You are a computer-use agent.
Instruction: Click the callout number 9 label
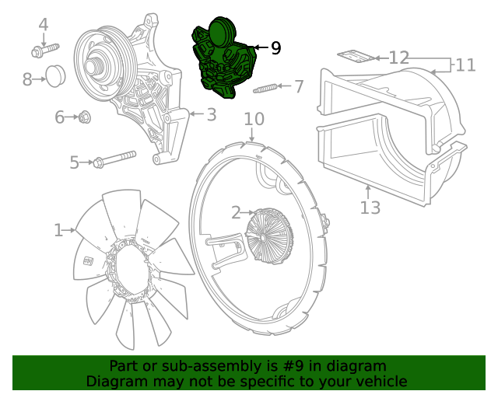(275, 48)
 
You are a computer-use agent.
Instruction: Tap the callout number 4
(44, 25)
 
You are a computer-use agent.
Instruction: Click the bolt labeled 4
(45, 51)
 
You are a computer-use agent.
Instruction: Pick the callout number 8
(27, 79)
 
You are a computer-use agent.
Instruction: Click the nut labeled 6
(86, 117)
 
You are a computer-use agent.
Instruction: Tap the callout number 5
(75, 162)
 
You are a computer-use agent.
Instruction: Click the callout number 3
(211, 115)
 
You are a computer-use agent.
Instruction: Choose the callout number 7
(299, 85)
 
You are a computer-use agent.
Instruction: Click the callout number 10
(254, 119)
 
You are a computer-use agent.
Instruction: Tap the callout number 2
(235, 212)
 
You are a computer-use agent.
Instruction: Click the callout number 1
(58, 230)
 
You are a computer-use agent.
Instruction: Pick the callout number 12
(398, 58)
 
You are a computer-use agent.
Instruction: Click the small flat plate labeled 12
(352, 55)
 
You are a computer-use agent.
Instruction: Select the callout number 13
(370, 208)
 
